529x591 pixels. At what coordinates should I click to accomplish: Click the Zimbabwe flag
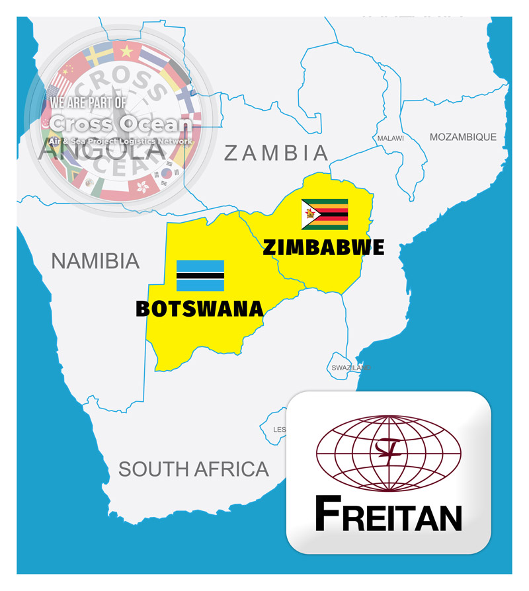pyautogui.click(x=325, y=214)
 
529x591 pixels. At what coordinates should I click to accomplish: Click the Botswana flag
pyautogui.click(x=200, y=276)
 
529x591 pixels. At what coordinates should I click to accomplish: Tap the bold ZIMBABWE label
pyautogui.click(x=323, y=247)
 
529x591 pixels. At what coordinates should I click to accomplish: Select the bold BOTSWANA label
pyautogui.click(x=200, y=309)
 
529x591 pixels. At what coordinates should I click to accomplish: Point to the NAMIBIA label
pyautogui.click(x=95, y=261)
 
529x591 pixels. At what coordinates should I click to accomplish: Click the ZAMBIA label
pyautogui.click(x=276, y=153)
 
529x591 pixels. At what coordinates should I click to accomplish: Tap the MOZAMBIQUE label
pyautogui.click(x=463, y=137)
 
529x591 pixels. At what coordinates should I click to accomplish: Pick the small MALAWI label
pyautogui.click(x=390, y=138)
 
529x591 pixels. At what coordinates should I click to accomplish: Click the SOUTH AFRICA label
pyautogui.click(x=194, y=469)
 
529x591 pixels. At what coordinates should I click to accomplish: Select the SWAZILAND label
pyautogui.click(x=350, y=368)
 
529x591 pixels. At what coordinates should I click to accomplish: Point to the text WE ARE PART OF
pyautogui.click(x=88, y=104)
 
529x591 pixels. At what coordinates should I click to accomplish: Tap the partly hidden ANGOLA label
pyautogui.click(x=102, y=152)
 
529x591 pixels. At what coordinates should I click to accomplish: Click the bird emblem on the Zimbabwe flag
pyautogui.click(x=308, y=214)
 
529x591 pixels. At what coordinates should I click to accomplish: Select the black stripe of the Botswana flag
pyautogui.click(x=200, y=276)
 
